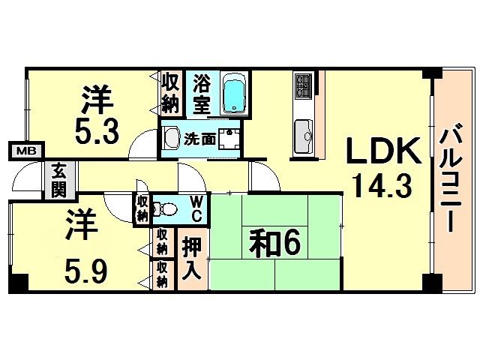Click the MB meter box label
coord(26,151)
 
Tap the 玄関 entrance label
coord(58,180)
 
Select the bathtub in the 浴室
coord(234,93)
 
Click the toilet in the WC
coord(165,209)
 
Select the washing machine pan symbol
coord(229,139)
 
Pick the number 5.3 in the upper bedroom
coord(97,133)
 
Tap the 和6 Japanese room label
coord(274,243)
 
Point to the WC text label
coord(196,209)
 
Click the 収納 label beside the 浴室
coord(170,93)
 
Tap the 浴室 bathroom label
coord(202,93)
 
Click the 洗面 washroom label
coord(200,139)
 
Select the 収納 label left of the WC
coord(142,209)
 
